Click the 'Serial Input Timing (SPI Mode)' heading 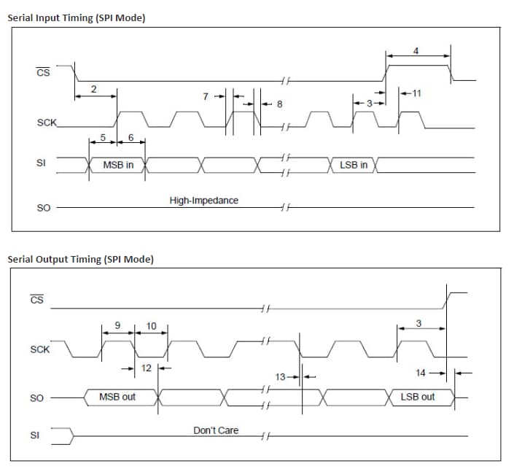pos(77,18)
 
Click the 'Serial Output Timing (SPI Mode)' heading pos(80,259)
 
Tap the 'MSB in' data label pos(118,166)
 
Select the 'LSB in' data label pos(354,166)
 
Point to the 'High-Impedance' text pos(203,201)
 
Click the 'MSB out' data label pos(117,397)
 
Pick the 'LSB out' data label pos(418,397)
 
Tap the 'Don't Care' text pos(215,430)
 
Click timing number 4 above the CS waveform pos(416,51)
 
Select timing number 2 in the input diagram pos(93,89)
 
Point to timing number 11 pos(416,93)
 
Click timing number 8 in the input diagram pos(279,105)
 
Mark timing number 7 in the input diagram pos(206,96)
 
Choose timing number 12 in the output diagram pos(147,368)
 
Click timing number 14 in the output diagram pos(421,373)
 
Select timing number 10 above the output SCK pos(152,326)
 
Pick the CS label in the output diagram pos(37,300)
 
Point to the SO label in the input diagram pos(43,209)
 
